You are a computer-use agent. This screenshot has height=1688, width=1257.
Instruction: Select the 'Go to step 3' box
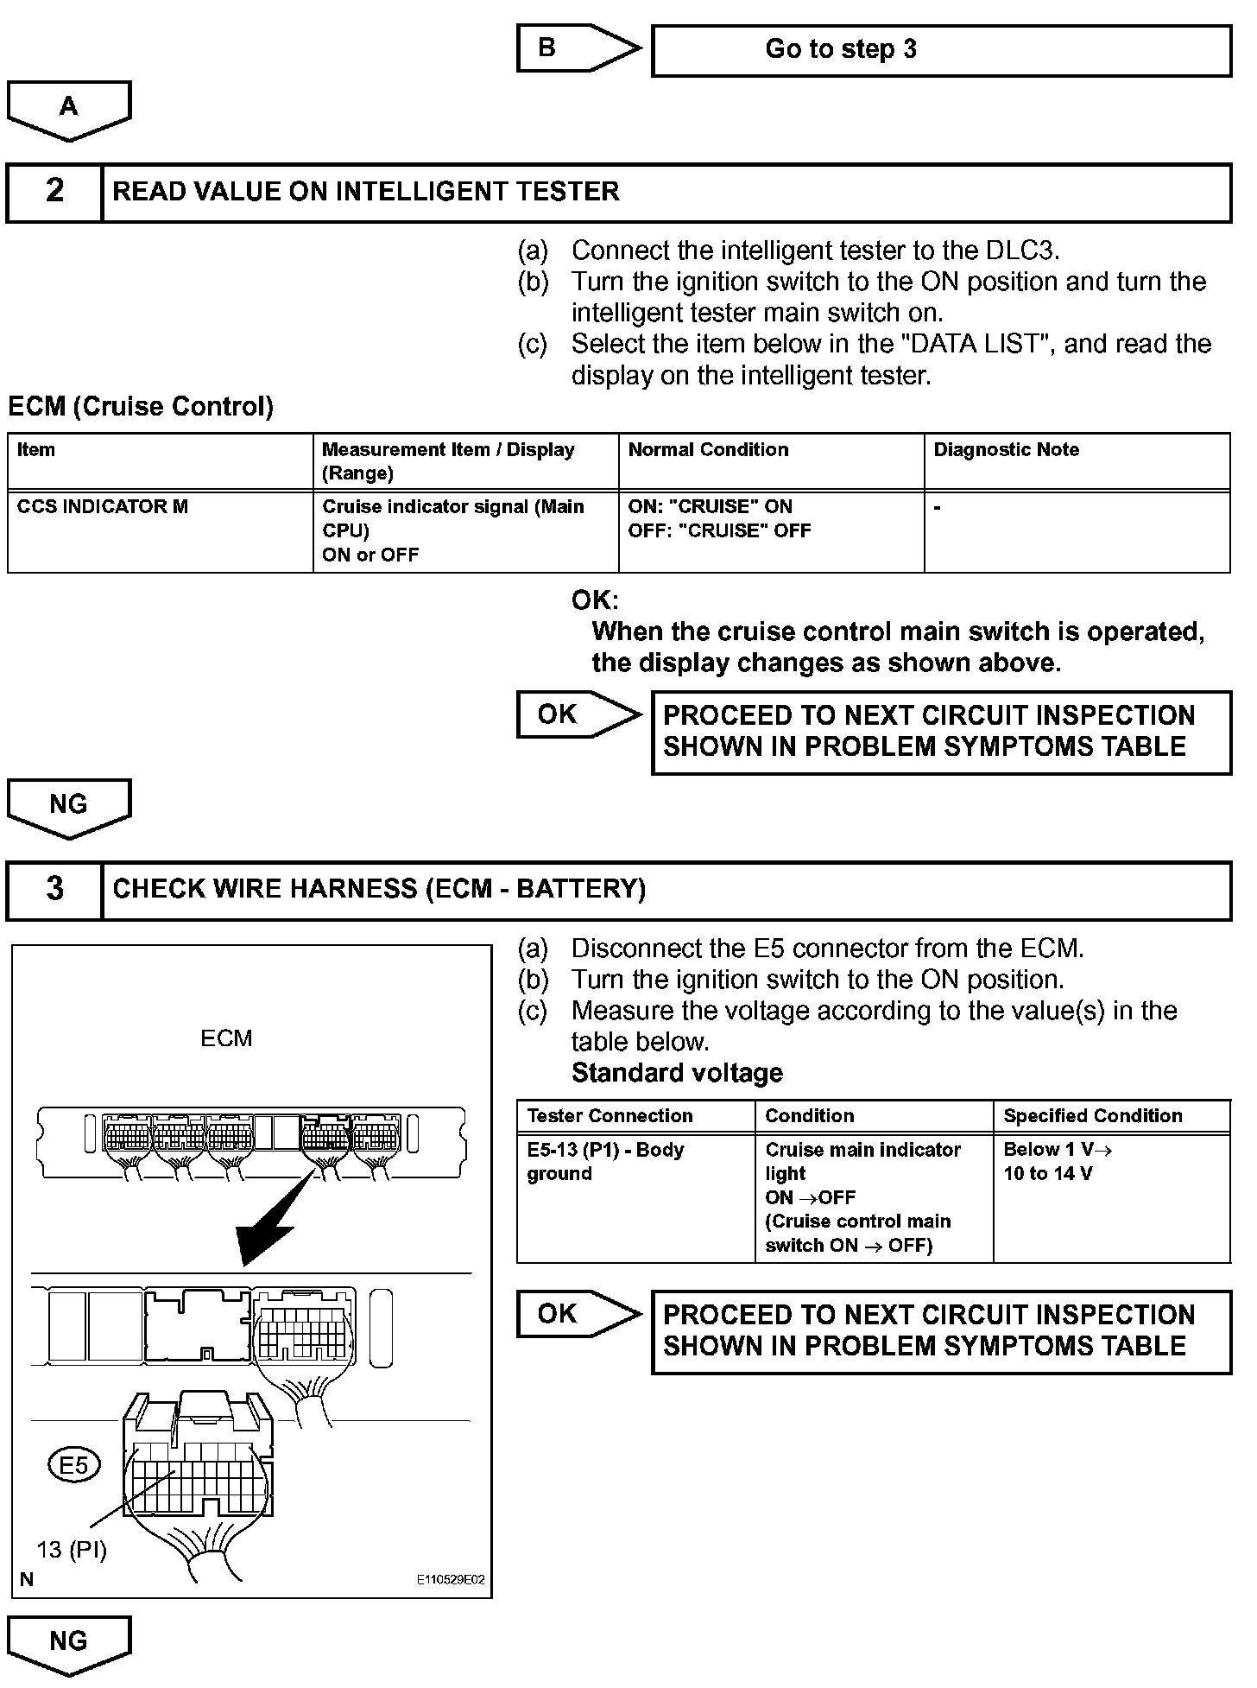tap(941, 50)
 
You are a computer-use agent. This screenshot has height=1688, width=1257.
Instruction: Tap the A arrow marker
tap(69, 108)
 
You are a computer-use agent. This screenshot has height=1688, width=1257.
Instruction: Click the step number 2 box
tap(54, 192)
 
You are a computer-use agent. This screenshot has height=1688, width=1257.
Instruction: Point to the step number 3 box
tap(54, 890)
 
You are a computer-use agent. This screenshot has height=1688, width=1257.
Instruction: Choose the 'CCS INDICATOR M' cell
tap(160, 530)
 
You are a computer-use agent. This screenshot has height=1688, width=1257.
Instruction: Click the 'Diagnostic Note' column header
tap(1077, 461)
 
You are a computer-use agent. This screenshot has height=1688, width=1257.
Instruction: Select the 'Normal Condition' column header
tap(771, 461)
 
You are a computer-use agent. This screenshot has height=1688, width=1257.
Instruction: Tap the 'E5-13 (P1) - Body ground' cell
tap(635, 1197)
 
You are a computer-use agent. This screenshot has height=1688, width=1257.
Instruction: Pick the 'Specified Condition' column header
tap(1111, 1116)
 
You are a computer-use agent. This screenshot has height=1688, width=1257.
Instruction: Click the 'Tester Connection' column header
tap(635, 1116)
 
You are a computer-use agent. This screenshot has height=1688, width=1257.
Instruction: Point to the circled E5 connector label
tap(74, 1465)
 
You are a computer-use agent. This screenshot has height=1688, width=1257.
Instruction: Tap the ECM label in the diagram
tap(226, 1038)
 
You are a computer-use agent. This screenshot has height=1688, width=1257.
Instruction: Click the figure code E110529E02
tap(450, 1580)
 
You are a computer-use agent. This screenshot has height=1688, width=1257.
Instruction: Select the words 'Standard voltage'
tap(677, 1073)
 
